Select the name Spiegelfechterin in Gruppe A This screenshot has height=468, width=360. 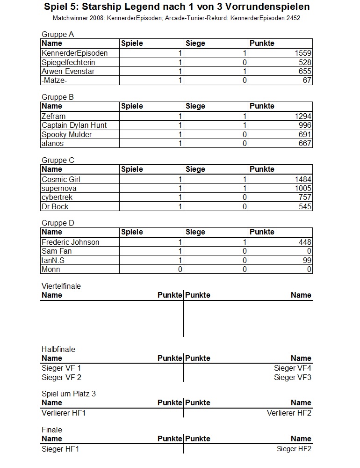pos(68,62)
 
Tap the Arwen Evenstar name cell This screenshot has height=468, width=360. pos(68,72)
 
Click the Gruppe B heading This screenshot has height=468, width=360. pos(58,97)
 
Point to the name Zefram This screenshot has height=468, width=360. pos(53,116)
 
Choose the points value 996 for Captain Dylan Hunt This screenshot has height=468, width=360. pos(305,125)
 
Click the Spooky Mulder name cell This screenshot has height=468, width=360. pos(66,135)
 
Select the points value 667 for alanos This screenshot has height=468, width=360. pos(305,144)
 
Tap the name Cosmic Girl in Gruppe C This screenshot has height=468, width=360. pos(61,179)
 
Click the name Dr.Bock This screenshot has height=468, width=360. pos(55,207)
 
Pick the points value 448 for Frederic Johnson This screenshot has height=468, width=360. pos(305,242)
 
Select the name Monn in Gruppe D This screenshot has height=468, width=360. pos(51,270)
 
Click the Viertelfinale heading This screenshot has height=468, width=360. pos(61,286)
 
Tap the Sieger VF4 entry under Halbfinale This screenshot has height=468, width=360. pos(293,368)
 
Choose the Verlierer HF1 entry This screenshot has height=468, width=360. pos(64,413)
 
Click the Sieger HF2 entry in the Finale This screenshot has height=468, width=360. pos(294,449)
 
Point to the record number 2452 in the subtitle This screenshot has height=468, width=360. pos(292,18)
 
